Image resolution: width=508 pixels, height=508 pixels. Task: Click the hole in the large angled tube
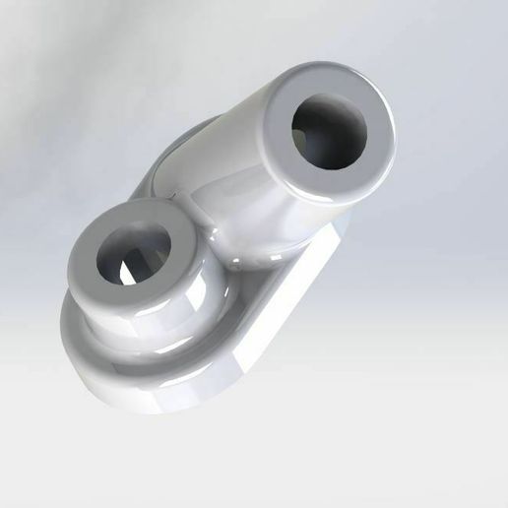click(x=329, y=134)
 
